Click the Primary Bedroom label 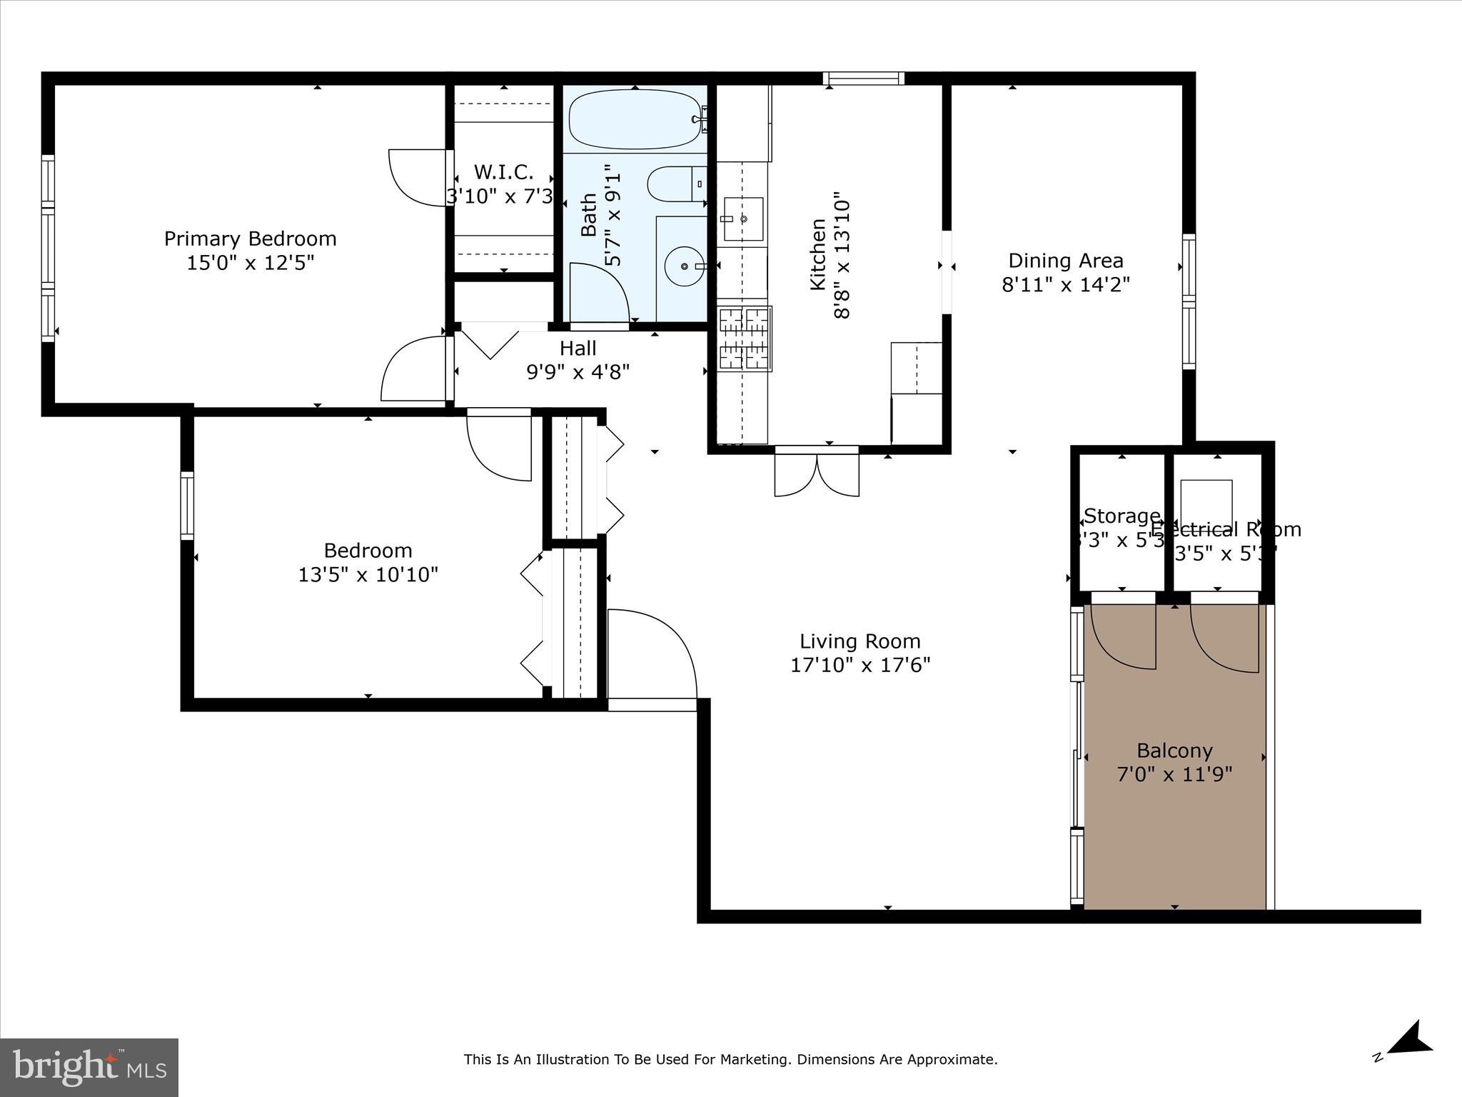click(x=250, y=239)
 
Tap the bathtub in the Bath click(x=634, y=119)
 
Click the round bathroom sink click(x=683, y=266)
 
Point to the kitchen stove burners click(x=745, y=339)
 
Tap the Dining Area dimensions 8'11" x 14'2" click(x=1066, y=285)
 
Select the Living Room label click(x=859, y=641)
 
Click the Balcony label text click(x=1174, y=751)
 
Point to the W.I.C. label click(x=503, y=172)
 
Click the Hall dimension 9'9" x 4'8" click(x=578, y=372)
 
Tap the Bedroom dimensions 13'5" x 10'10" click(x=368, y=574)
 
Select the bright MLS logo click(x=89, y=1068)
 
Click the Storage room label click(x=1121, y=516)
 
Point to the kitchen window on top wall click(x=863, y=79)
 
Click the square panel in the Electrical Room click(x=1206, y=503)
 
